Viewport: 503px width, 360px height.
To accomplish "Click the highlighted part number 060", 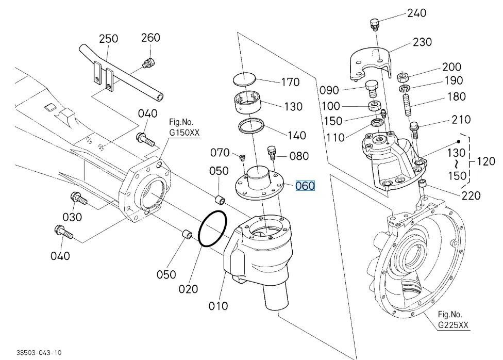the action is (305, 186).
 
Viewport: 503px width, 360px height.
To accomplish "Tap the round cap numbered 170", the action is (244, 79).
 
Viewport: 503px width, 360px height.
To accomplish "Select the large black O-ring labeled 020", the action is (212, 228).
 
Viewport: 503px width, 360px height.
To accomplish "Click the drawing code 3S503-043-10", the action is (39, 353).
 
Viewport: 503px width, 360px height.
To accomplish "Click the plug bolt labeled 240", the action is (374, 24).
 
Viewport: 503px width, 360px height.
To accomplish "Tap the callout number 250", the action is (108, 39).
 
